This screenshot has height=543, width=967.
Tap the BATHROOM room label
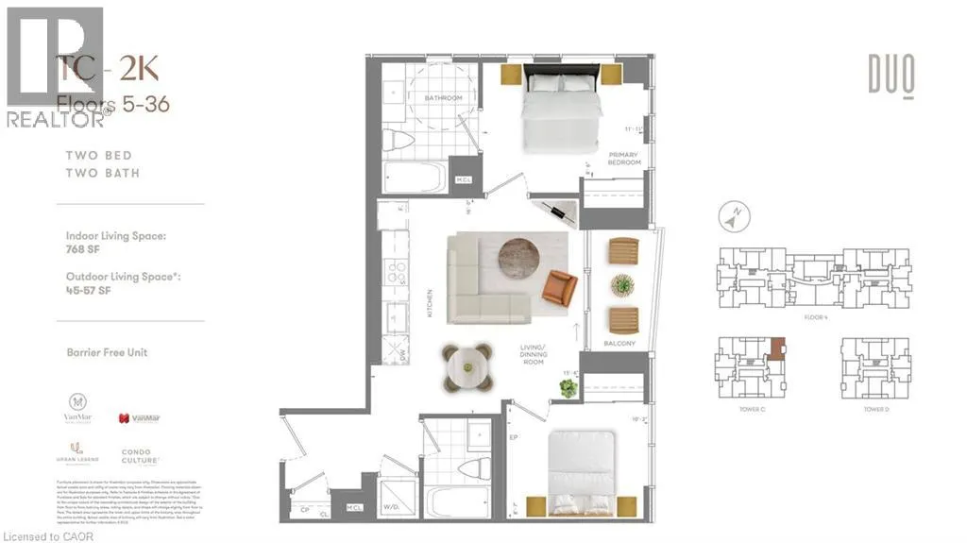coord(442,98)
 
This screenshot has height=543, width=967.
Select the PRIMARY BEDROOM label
coord(624,159)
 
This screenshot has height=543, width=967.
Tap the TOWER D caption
coord(875,410)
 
